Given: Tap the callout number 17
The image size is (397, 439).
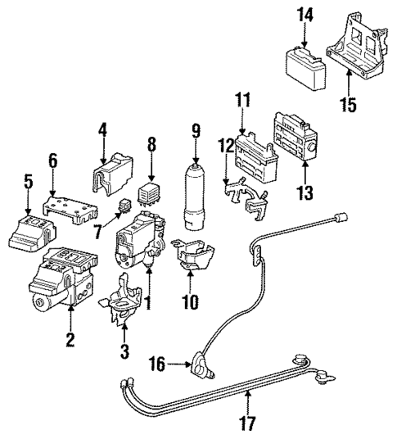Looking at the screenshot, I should (x=248, y=424).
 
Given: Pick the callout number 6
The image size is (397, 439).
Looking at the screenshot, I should (x=53, y=161).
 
